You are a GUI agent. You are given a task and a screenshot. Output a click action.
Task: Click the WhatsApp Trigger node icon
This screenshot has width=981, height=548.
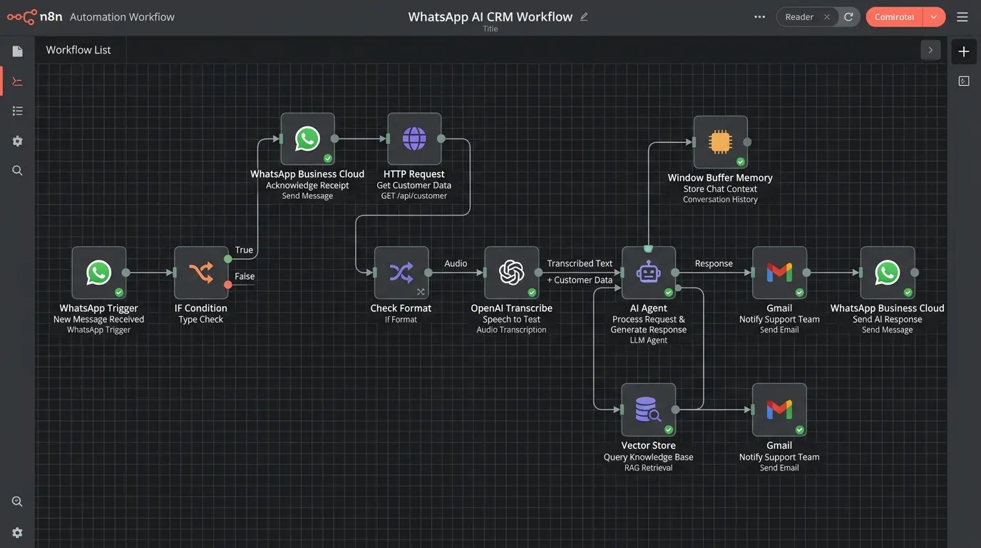click(99, 273)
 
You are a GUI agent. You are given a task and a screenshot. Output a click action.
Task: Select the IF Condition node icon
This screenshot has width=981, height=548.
click(201, 273)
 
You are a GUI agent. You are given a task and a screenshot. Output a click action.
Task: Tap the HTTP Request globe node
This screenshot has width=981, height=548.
click(414, 138)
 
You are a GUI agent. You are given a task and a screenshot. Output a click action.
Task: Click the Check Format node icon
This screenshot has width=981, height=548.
click(401, 273)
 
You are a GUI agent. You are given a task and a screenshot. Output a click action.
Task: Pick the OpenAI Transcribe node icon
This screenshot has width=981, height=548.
click(512, 273)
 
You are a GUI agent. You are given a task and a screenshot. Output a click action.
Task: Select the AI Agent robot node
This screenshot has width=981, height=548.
click(648, 273)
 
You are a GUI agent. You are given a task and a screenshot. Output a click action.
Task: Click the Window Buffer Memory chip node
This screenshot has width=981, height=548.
click(720, 142)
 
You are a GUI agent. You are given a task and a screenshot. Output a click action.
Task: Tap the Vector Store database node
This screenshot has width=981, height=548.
click(648, 410)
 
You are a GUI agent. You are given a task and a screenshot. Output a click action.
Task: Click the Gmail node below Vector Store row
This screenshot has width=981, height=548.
click(779, 410)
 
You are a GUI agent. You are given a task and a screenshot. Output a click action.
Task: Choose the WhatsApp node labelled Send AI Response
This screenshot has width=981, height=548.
click(888, 273)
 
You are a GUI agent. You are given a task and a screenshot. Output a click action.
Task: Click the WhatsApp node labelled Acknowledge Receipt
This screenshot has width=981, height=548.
click(307, 138)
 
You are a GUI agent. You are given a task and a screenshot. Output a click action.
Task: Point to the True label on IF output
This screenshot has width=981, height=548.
click(244, 250)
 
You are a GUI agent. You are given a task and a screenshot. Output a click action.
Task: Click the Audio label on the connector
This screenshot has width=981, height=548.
click(456, 263)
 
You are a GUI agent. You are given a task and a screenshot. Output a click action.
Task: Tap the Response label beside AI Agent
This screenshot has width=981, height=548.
click(714, 263)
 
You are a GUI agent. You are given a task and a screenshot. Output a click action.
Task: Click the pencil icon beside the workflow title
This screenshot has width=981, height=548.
click(584, 17)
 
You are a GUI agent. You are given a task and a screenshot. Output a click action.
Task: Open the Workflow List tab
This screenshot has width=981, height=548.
click(78, 50)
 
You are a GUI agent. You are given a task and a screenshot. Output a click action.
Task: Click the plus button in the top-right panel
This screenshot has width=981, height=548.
click(964, 51)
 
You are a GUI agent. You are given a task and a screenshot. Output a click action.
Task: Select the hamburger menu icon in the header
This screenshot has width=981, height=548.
click(962, 17)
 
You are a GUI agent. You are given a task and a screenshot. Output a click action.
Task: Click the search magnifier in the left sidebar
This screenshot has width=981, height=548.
click(18, 171)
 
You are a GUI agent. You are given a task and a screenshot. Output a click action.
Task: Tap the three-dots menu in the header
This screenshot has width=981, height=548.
click(759, 17)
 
